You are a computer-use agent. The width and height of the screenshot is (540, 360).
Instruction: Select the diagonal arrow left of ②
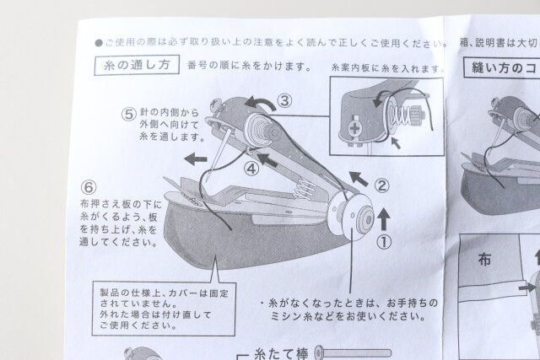click(x=358, y=177)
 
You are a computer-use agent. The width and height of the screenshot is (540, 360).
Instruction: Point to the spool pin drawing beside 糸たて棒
click(x=354, y=352)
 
